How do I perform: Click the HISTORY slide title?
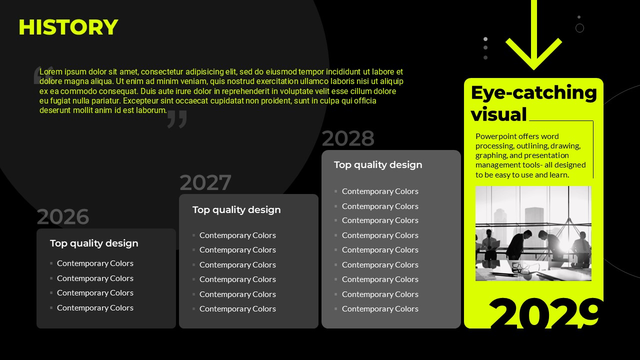click(68, 27)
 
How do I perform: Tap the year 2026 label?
click(63, 216)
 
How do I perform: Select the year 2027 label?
click(205, 182)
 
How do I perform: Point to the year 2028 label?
click(348, 138)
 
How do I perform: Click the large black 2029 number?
click(544, 313)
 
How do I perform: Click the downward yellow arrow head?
click(533, 54)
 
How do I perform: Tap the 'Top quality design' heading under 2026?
click(94, 243)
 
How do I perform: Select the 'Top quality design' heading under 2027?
click(236, 210)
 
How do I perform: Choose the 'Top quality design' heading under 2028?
click(378, 165)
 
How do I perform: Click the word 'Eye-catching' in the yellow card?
click(533, 93)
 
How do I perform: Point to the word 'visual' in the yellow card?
click(498, 114)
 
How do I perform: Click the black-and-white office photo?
click(533, 233)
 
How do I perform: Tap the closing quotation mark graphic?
click(177, 119)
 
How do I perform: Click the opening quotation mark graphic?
click(43, 75)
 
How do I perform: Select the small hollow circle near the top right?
click(579, 28)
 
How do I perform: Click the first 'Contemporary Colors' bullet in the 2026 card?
click(95, 263)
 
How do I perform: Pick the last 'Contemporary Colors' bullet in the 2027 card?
click(237, 309)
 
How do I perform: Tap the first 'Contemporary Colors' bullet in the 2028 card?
click(380, 191)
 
